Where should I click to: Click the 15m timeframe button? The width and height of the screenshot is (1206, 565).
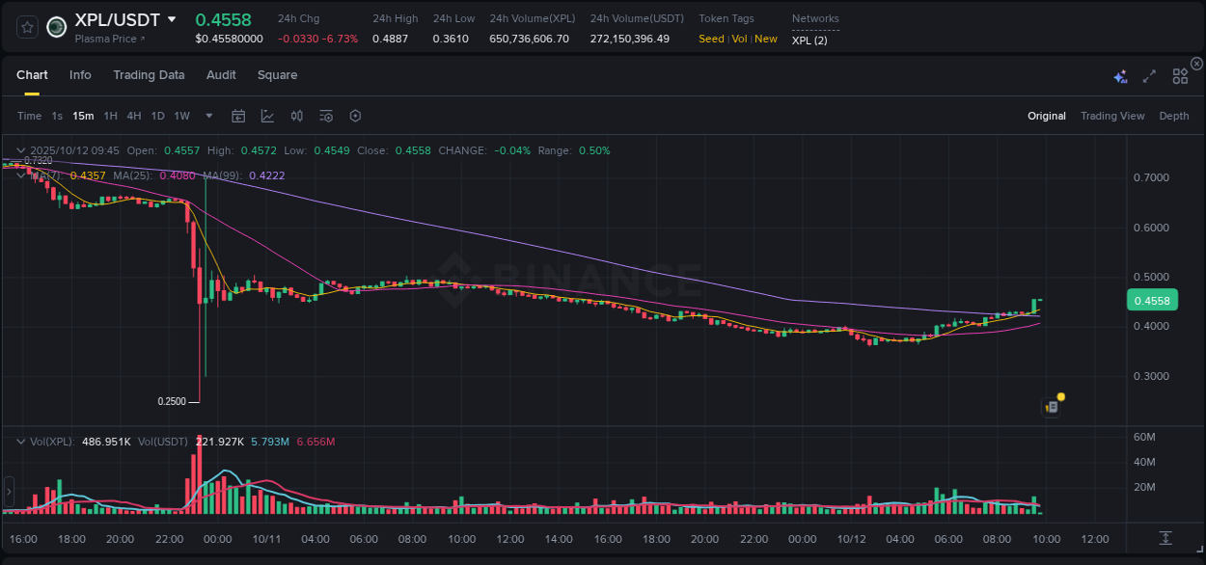coord(83,116)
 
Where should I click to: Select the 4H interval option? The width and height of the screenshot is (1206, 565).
coord(134,116)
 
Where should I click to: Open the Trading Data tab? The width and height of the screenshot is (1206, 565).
coord(149,75)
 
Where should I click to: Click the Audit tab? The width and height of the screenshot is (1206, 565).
coord(221,75)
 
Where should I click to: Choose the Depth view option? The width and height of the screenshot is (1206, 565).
coord(1173,116)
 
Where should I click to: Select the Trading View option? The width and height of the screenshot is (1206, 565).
coord(1111,116)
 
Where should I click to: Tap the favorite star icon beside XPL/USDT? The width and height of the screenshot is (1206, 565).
coord(28,27)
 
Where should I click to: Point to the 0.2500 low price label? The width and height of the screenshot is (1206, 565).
coord(173,400)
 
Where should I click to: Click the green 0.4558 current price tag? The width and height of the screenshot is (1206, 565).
coord(1151,301)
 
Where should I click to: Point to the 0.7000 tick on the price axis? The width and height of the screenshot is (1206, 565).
coord(1151,178)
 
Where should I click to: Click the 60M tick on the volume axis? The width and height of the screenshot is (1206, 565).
coord(1143,437)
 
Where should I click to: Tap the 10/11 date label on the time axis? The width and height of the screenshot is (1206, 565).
coord(266,539)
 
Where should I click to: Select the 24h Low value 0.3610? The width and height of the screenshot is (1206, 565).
coord(451,39)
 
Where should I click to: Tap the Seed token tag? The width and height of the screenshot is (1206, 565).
coord(711,39)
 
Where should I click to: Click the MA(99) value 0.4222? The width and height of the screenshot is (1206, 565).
coord(267,175)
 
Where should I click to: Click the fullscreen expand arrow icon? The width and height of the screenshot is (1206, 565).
coord(1149,76)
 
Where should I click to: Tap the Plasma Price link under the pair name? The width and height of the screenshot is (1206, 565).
coord(109,39)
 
